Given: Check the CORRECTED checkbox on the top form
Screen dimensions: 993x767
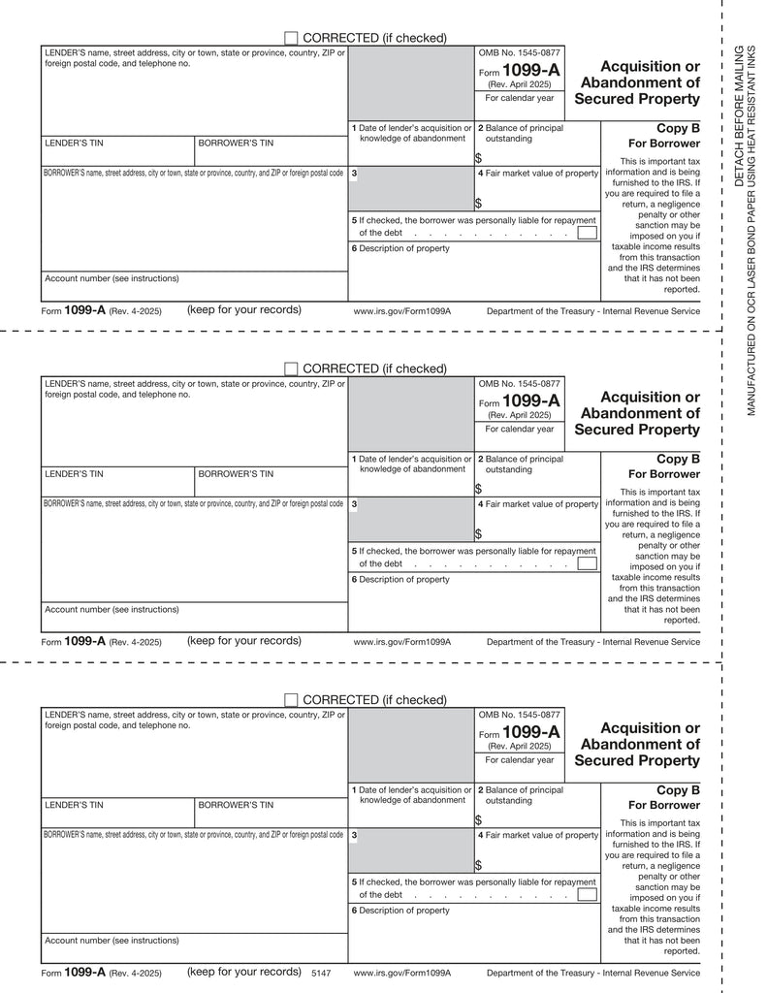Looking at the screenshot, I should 291,38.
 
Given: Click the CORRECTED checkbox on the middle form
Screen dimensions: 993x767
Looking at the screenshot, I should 291,368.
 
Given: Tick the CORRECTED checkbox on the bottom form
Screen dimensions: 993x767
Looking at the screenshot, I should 291,700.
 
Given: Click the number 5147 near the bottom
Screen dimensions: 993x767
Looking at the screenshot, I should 321,972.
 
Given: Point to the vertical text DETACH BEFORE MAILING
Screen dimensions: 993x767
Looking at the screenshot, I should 738,116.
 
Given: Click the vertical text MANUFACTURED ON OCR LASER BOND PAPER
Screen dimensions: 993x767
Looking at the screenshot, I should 751,233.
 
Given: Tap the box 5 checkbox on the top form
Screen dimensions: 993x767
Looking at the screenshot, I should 587,233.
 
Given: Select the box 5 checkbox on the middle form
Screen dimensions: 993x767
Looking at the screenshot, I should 587,563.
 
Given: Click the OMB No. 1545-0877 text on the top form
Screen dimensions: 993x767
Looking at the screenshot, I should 519,52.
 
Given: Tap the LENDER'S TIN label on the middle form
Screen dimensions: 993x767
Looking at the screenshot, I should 74,474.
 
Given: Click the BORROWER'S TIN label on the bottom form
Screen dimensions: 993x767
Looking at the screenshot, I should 236,805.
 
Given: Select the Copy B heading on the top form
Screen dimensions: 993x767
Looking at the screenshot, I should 678,128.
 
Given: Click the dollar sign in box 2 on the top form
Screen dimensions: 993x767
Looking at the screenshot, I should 478,158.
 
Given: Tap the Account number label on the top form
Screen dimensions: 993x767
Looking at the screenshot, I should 112,278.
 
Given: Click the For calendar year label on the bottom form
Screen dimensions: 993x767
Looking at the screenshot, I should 520,760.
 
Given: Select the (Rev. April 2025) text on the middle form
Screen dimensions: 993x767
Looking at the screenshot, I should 519,415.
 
